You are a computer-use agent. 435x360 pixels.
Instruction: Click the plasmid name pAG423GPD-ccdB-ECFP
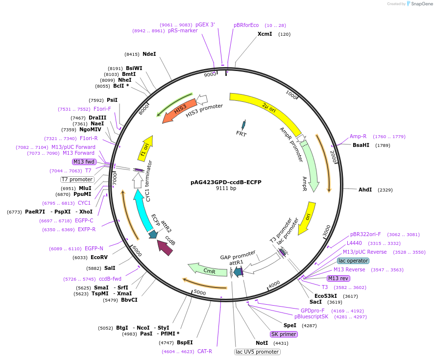tap(226, 182)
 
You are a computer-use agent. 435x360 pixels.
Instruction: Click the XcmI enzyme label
tap(265, 34)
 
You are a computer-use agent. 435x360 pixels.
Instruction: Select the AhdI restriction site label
tap(365, 190)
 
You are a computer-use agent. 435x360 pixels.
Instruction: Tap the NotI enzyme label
tap(262, 343)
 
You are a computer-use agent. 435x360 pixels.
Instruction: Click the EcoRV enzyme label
tap(100, 257)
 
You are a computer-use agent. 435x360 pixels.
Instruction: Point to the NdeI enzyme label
tap(149, 54)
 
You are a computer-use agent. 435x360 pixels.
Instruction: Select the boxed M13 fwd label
tap(84, 162)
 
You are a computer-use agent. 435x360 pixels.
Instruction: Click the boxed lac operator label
tap(353, 261)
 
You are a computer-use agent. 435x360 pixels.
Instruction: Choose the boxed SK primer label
tap(284, 334)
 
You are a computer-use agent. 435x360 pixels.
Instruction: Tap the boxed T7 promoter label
tap(77, 179)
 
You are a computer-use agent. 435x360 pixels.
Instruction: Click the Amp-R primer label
tap(358, 137)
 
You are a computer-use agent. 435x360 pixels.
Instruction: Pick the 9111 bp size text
tap(226, 189)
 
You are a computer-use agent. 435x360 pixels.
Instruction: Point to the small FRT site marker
tap(243, 125)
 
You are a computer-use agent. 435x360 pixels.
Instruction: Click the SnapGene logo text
tap(421, 4)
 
